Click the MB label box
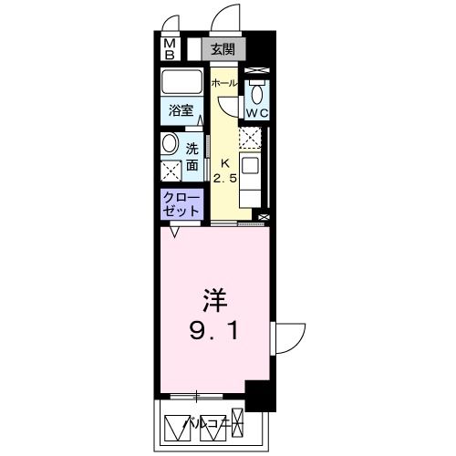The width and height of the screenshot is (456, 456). pyautogui.click(x=171, y=48)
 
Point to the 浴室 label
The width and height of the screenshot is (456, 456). pyautogui.click(x=182, y=111)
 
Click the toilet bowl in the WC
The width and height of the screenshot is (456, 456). pyautogui.click(x=258, y=93)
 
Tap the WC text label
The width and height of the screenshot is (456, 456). pyautogui.click(x=257, y=114)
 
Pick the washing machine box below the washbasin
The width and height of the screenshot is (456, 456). pyautogui.click(x=171, y=171)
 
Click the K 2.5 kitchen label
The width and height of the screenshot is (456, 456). pyautogui.click(x=224, y=170)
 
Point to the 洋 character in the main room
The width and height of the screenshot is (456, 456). pyautogui.click(x=212, y=300)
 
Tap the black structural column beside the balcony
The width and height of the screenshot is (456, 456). pyautogui.click(x=260, y=396)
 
